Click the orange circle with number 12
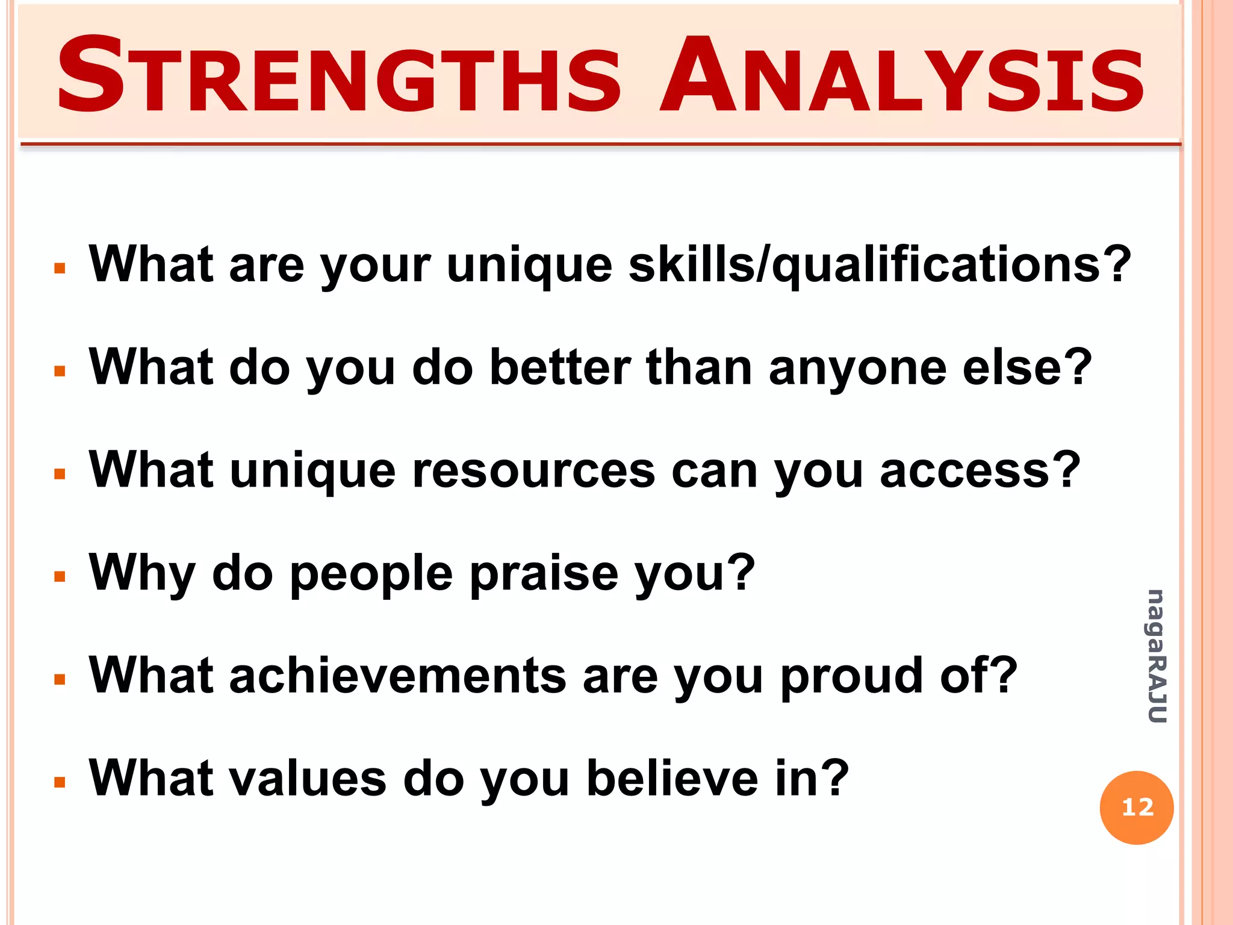(x=1136, y=808)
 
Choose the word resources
(x=533, y=471)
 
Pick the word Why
(x=142, y=573)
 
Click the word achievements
(x=397, y=676)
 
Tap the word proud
(x=852, y=676)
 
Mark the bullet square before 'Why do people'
(x=59, y=577)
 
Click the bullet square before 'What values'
(x=59, y=782)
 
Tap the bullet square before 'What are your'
(x=59, y=268)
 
